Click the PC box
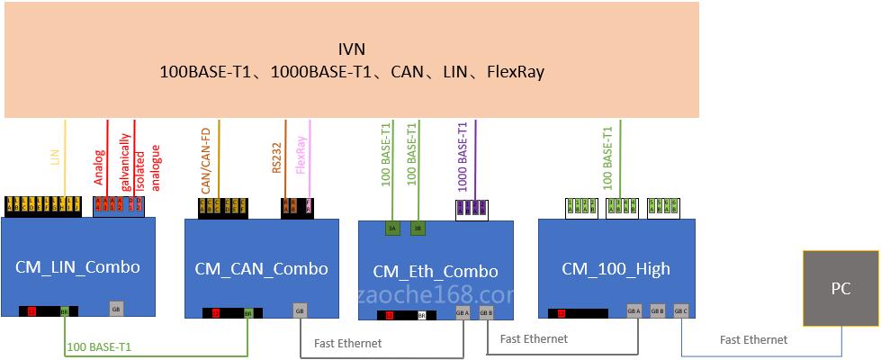point(840,289)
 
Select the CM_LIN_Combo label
point(77,267)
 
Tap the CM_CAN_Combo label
point(261,268)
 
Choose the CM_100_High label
point(616,268)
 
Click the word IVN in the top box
point(351,49)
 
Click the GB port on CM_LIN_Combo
point(115,309)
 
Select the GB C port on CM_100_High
point(681,311)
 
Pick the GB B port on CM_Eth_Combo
point(486,314)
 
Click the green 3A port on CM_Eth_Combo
point(392,229)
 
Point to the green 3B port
point(417,229)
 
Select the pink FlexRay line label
point(301,155)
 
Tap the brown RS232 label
point(277,154)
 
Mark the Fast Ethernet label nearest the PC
point(753,339)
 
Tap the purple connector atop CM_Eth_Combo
point(472,208)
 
